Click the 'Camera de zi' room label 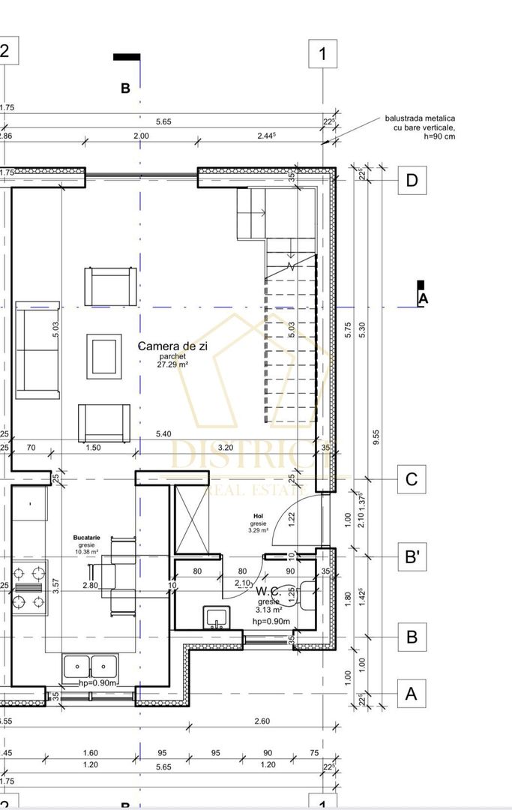(172, 346)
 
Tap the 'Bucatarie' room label (87, 538)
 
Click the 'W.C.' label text (268, 591)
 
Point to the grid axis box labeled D (411, 181)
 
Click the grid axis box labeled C (411, 479)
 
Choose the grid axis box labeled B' (411, 557)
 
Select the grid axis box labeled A (411, 694)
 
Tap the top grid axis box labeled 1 (323, 54)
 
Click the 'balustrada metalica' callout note (419, 127)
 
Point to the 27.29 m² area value (172, 364)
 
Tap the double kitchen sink (88, 665)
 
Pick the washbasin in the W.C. (216, 617)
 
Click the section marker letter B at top (125, 88)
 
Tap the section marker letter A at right (423, 298)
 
